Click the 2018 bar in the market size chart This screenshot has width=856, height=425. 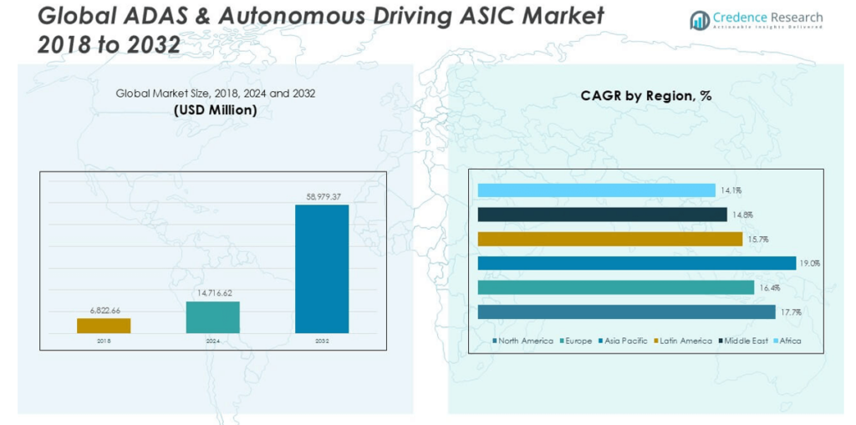tap(104, 326)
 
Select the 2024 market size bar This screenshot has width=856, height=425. tap(212, 317)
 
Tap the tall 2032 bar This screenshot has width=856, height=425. tap(321, 269)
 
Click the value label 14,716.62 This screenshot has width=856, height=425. tap(212, 294)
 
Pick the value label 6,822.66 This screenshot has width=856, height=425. tap(104, 311)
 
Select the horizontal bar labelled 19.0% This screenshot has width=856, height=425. tap(636, 263)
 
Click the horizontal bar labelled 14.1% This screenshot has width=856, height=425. tap(596, 190)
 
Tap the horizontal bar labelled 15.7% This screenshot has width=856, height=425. tap(609, 239)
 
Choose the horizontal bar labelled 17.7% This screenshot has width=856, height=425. tap(626, 311)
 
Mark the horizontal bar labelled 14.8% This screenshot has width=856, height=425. tap(602, 215)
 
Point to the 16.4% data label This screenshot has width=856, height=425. tap(767, 287)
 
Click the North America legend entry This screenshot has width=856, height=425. tap(523, 341)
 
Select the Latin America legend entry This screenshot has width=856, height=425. tap(681, 341)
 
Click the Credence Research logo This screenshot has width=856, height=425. tap(756, 20)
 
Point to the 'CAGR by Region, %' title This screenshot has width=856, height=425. tap(646, 96)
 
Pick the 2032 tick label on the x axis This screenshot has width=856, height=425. tap(321, 342)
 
